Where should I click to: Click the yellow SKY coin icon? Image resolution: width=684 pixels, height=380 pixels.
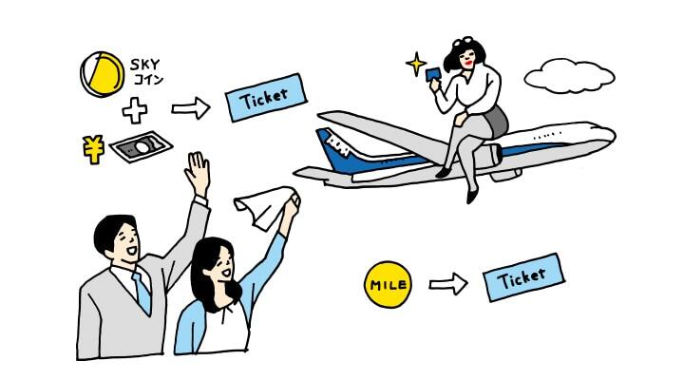pyautogui.click(x=103, y=73)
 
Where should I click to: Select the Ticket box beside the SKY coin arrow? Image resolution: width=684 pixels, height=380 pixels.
pyautogui.click(x=267, y=97)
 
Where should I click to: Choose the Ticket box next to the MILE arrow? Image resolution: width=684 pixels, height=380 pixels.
pyautogui.click(x=522, y=276)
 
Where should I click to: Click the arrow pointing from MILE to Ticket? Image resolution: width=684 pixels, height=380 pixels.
pyautogui.click(x=447, y=283)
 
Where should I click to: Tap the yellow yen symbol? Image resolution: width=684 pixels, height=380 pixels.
pyautogui.click(x=92, y=147)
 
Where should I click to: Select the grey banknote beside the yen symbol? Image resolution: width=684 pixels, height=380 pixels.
pyautogui.click(x=142, y=147)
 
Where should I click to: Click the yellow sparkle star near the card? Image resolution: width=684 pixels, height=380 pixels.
pyautogui.click(x=416, y=65)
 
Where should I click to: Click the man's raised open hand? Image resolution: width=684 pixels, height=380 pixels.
pyautogui.click(x=198, y=173)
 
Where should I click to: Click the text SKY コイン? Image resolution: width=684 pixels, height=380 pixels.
pyautogui.click(x=146, y=72)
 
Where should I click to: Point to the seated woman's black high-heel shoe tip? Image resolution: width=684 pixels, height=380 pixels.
pyautogui.click(x=471, y=198)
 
